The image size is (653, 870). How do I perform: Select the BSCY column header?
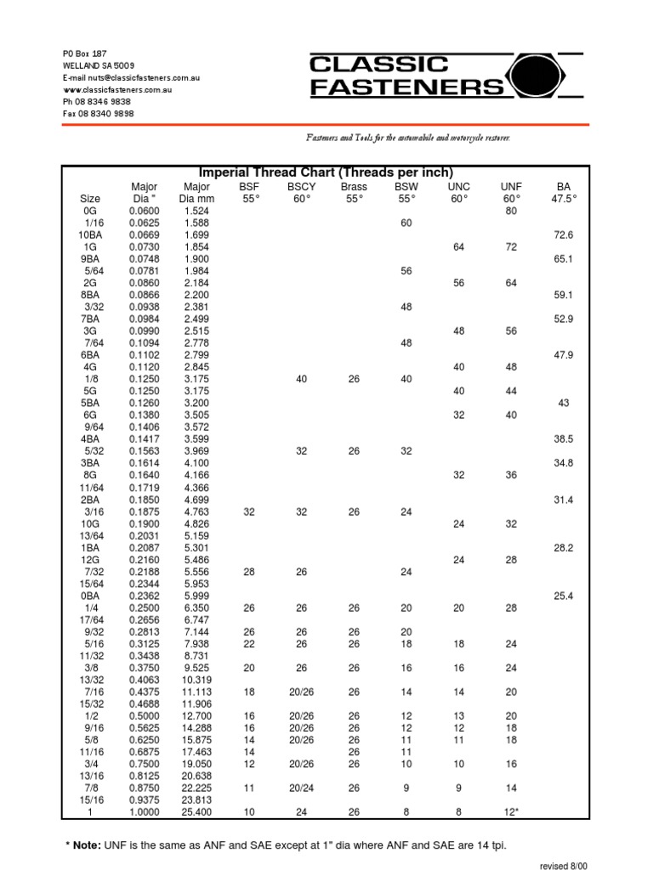click(301, 186)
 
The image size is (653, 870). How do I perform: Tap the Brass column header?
click(354, 186)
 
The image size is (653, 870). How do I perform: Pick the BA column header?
click(563, 186)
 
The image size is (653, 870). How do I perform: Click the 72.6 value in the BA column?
click(563, 234)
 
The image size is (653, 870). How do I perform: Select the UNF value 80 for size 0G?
click(511, 210)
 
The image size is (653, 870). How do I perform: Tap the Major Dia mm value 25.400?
click(196, 811)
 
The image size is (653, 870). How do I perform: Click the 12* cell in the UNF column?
click(511, 811)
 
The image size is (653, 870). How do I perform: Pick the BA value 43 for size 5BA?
click(563, 403)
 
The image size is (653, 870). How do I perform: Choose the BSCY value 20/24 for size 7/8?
click(301, 788)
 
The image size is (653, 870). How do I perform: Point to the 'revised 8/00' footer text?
click(564, 865)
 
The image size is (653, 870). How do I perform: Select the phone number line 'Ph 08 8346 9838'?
click(98, 101)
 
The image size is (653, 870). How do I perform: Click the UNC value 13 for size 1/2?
click(459, 715)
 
